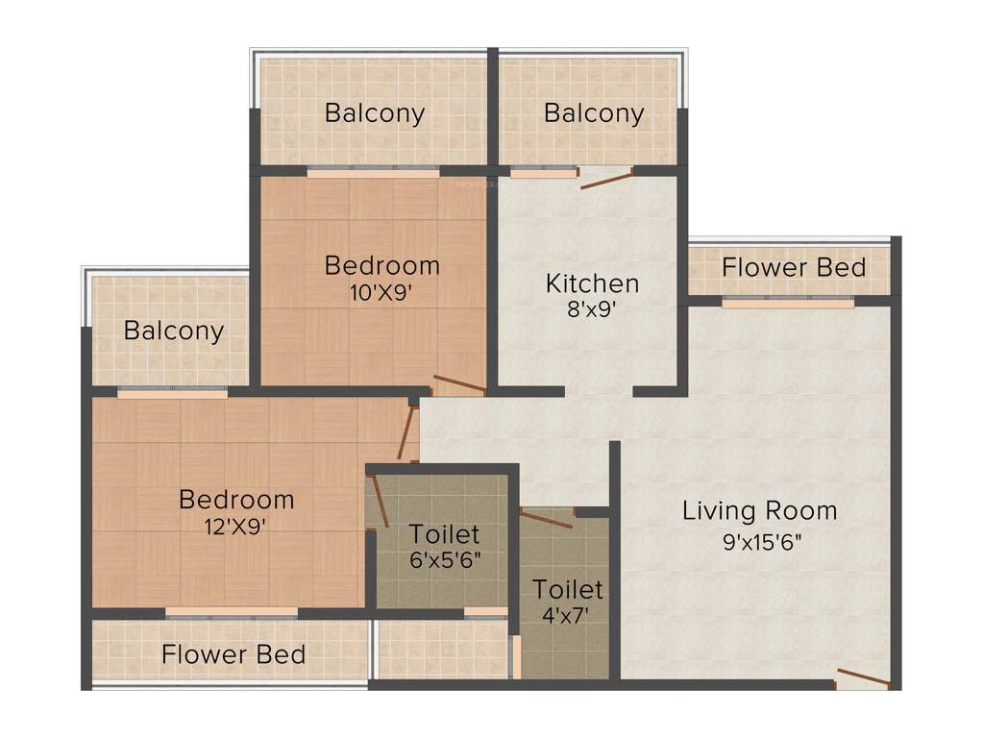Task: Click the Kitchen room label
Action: (592, 283)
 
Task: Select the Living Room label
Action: (759, 510)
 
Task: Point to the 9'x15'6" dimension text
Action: (762, 541)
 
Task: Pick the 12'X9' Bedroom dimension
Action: (236, 526)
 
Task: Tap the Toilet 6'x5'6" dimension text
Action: (444, 559)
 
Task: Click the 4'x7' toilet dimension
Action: (567, 614)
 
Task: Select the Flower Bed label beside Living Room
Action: (794, 267)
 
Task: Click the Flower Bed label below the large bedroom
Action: (234, 655)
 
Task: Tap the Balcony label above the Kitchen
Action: (594, 113)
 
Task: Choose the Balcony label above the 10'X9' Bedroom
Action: (375, 113)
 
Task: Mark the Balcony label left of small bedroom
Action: (174, 332)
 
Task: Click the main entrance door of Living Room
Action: (861, 677)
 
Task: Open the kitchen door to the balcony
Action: (606, 177)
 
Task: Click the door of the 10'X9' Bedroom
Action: (458, 385)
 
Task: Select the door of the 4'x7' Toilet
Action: (546, 520)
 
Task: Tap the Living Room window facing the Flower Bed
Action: (788, 302)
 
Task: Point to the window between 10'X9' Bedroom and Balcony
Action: (373, 173)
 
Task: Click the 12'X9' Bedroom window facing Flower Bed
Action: (231, 611)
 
